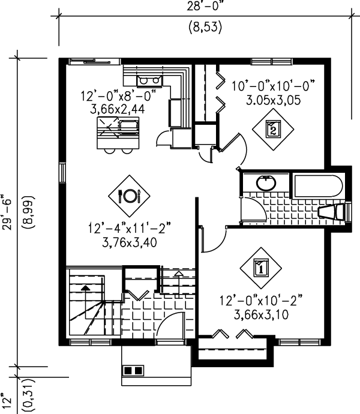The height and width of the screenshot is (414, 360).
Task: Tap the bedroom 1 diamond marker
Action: point(260,266)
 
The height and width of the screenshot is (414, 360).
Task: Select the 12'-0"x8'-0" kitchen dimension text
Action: point(118,95)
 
